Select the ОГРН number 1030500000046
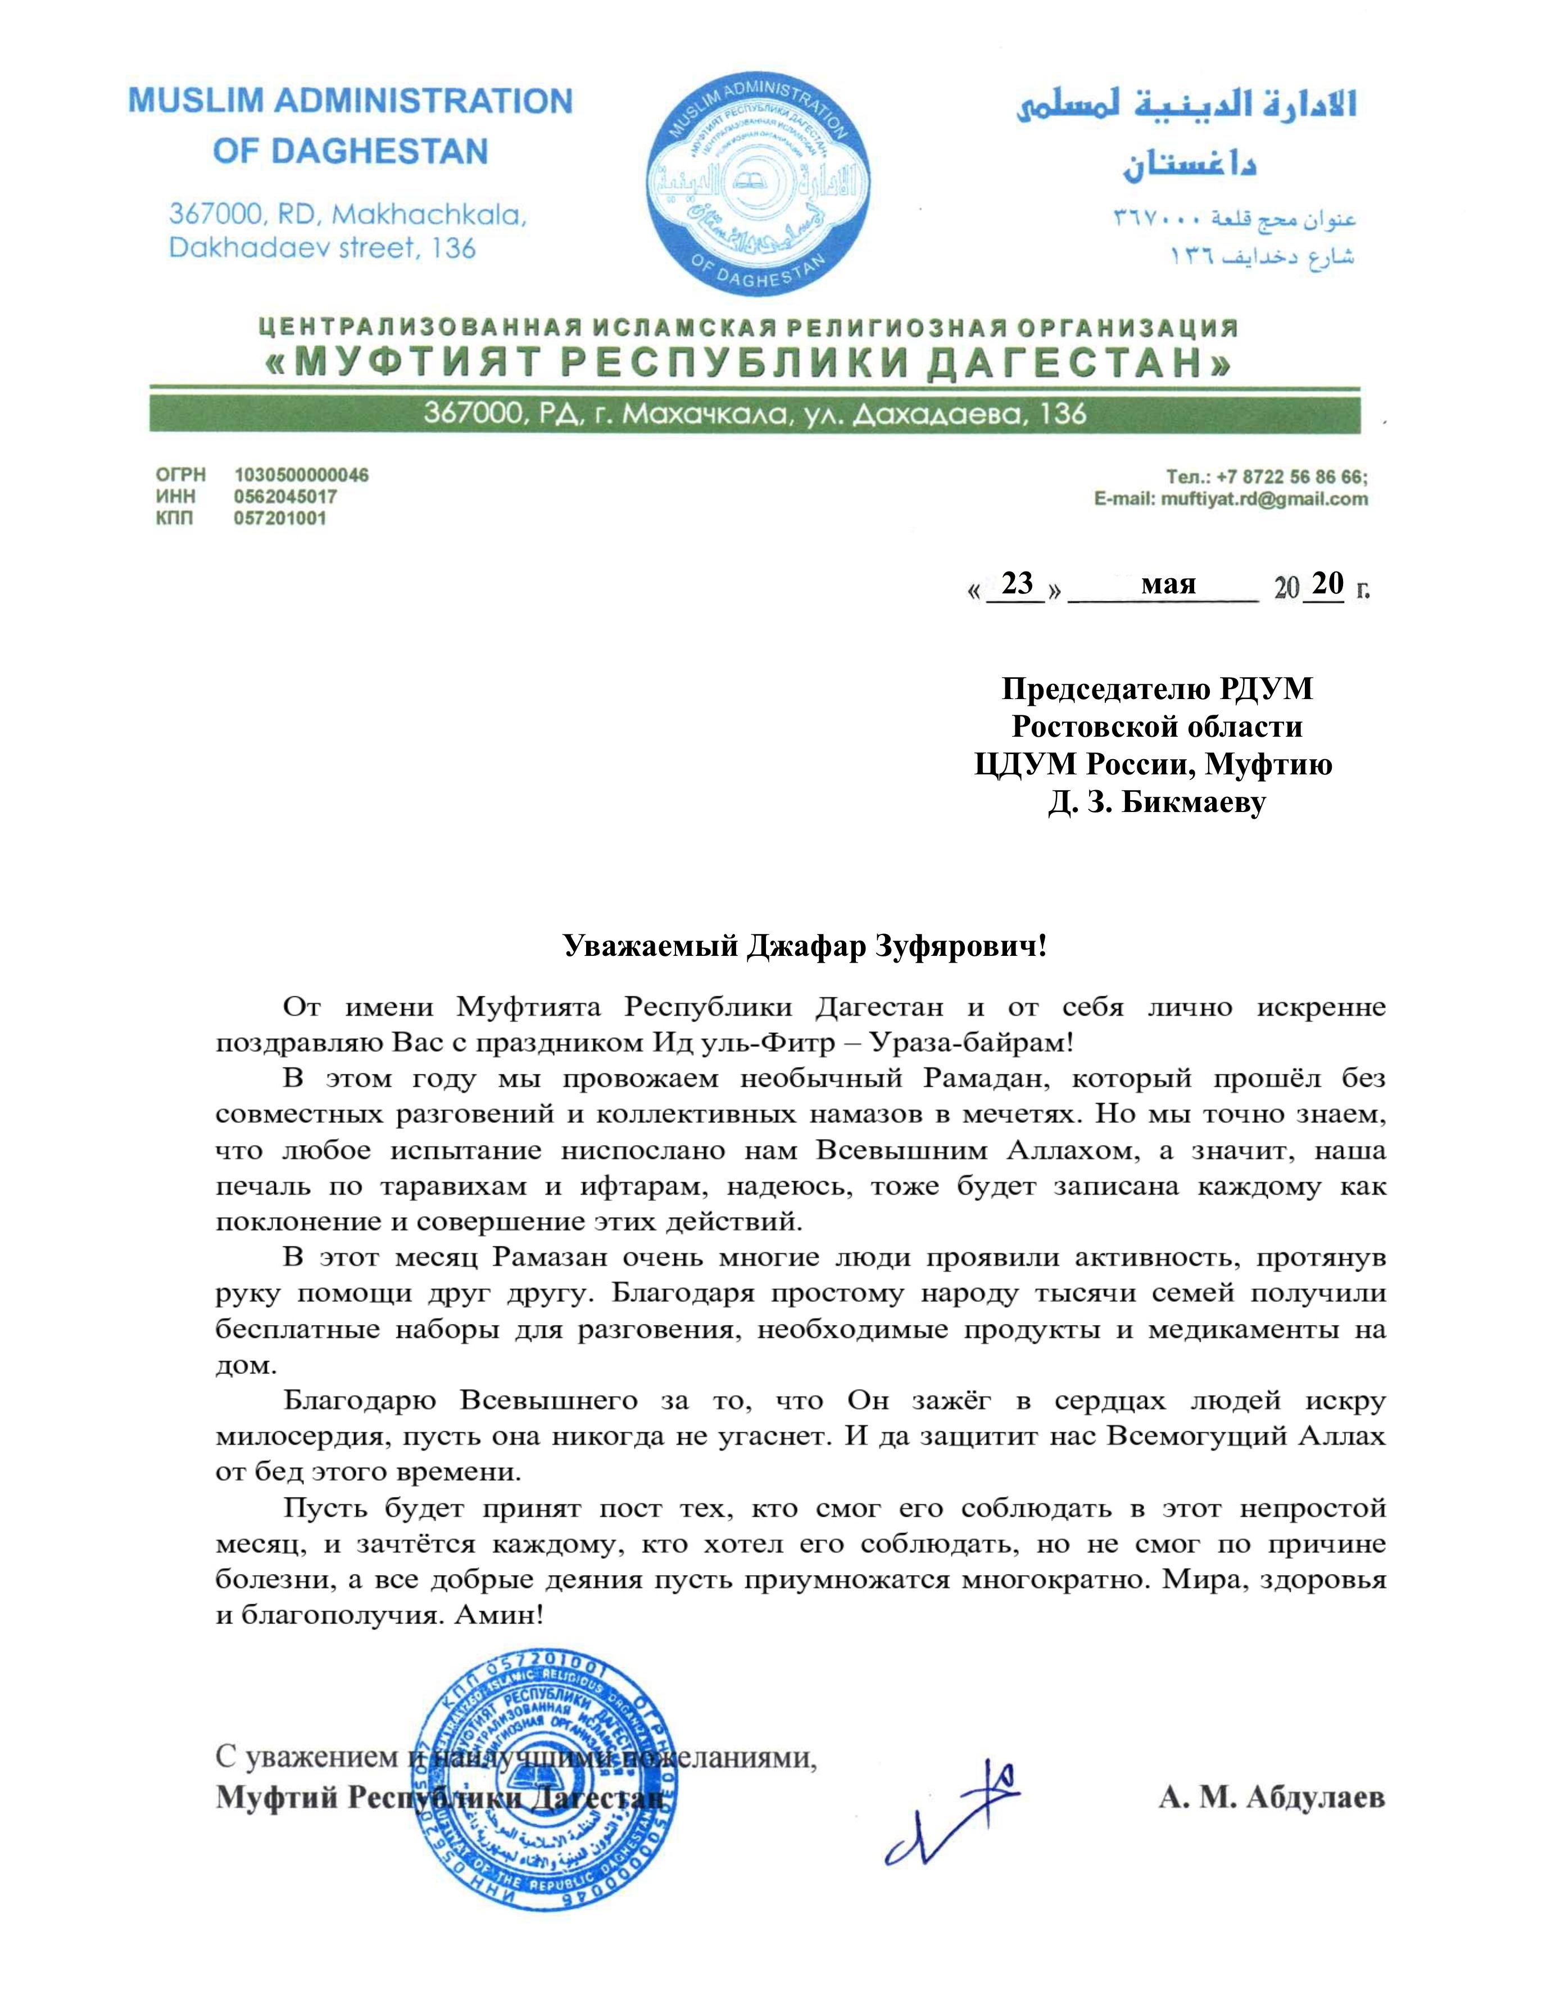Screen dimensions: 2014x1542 [301, 475]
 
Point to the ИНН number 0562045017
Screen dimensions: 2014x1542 [285, 497]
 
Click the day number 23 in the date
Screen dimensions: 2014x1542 [1017, 584]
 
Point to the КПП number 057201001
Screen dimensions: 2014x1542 [280, 518]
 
